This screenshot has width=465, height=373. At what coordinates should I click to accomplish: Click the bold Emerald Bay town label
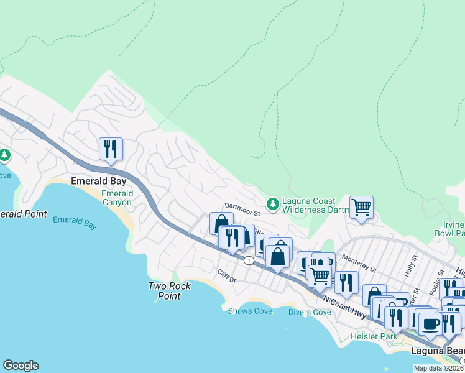[99, 182]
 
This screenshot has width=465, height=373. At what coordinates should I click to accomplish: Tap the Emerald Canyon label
[117, 198]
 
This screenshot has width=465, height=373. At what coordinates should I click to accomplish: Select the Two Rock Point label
[169, 291]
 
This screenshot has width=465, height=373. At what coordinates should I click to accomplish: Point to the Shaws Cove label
[250, 311]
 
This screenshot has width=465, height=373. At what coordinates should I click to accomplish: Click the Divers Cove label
[310, 312]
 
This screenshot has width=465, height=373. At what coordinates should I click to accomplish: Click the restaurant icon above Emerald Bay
[111, 149]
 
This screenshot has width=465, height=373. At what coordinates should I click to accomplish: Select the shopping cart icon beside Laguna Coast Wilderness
[361, 207]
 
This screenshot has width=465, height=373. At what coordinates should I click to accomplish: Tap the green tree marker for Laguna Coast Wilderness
[272, 204]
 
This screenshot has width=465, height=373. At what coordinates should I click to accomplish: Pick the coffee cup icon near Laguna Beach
[430, 323]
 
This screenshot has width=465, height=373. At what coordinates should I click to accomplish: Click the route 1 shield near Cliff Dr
[248, 259]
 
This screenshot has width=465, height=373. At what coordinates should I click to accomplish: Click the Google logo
[21, 366]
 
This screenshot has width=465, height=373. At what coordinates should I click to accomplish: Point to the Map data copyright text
[439, 368]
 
